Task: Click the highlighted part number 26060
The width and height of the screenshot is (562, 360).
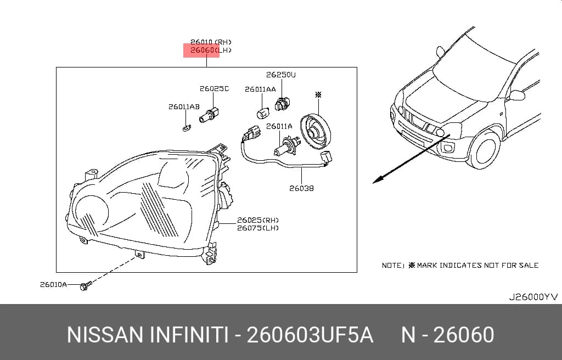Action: (202, 50)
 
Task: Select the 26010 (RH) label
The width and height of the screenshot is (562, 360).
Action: (211, 42)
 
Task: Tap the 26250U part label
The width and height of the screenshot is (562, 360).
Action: (281, 75)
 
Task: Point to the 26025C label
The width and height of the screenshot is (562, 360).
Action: (214, 88)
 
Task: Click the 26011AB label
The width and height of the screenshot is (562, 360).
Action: (184, 107)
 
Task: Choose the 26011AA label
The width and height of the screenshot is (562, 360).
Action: (260, 89)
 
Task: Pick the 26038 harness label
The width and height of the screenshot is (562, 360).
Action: (301, 188)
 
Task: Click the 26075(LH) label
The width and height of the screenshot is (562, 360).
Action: (258, 228)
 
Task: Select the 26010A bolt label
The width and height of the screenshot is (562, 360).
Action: (53, 285)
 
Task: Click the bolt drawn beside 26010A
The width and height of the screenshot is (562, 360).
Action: (85, 286)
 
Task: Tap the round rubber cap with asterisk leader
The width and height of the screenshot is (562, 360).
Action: (315, 132)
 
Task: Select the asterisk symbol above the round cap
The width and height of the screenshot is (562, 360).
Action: (318, 94)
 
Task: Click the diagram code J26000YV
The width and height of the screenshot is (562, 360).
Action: (533, 297)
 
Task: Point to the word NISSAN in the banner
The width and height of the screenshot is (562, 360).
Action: (105, 335)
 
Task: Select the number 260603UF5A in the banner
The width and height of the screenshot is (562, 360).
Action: (310, 335)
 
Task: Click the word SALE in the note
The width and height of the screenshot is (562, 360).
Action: (529, 266)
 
